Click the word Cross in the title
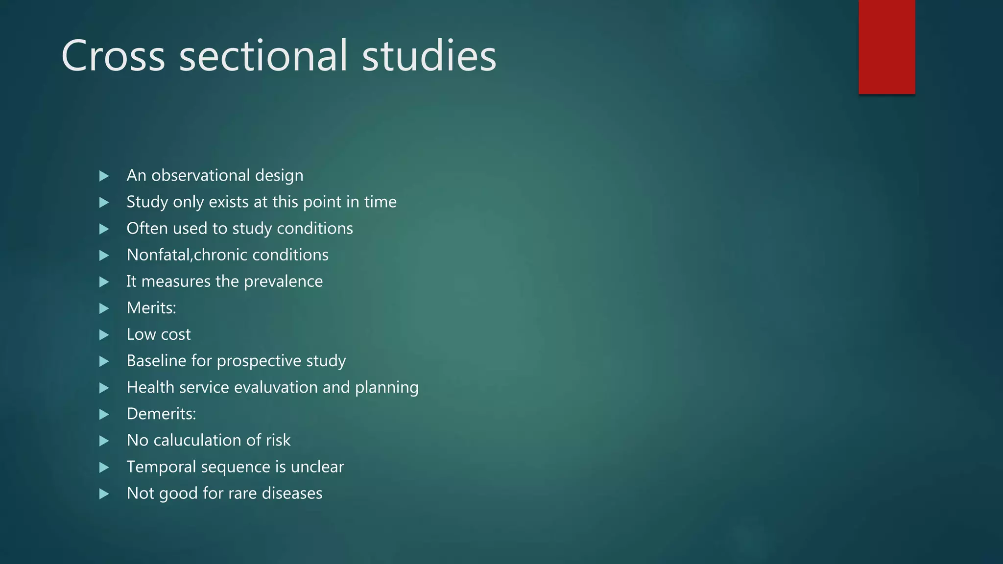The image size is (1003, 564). (x=113, y=56)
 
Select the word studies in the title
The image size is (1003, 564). (x=429, y=56)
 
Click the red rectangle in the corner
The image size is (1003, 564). (x=886, y=47)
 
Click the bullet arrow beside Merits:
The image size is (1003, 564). (x=104, y=308)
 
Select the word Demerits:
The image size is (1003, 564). (x=161, y=414)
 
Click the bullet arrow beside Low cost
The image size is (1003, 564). (x=104, y=335)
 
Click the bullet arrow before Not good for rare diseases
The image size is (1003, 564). (x=104, y=494)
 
